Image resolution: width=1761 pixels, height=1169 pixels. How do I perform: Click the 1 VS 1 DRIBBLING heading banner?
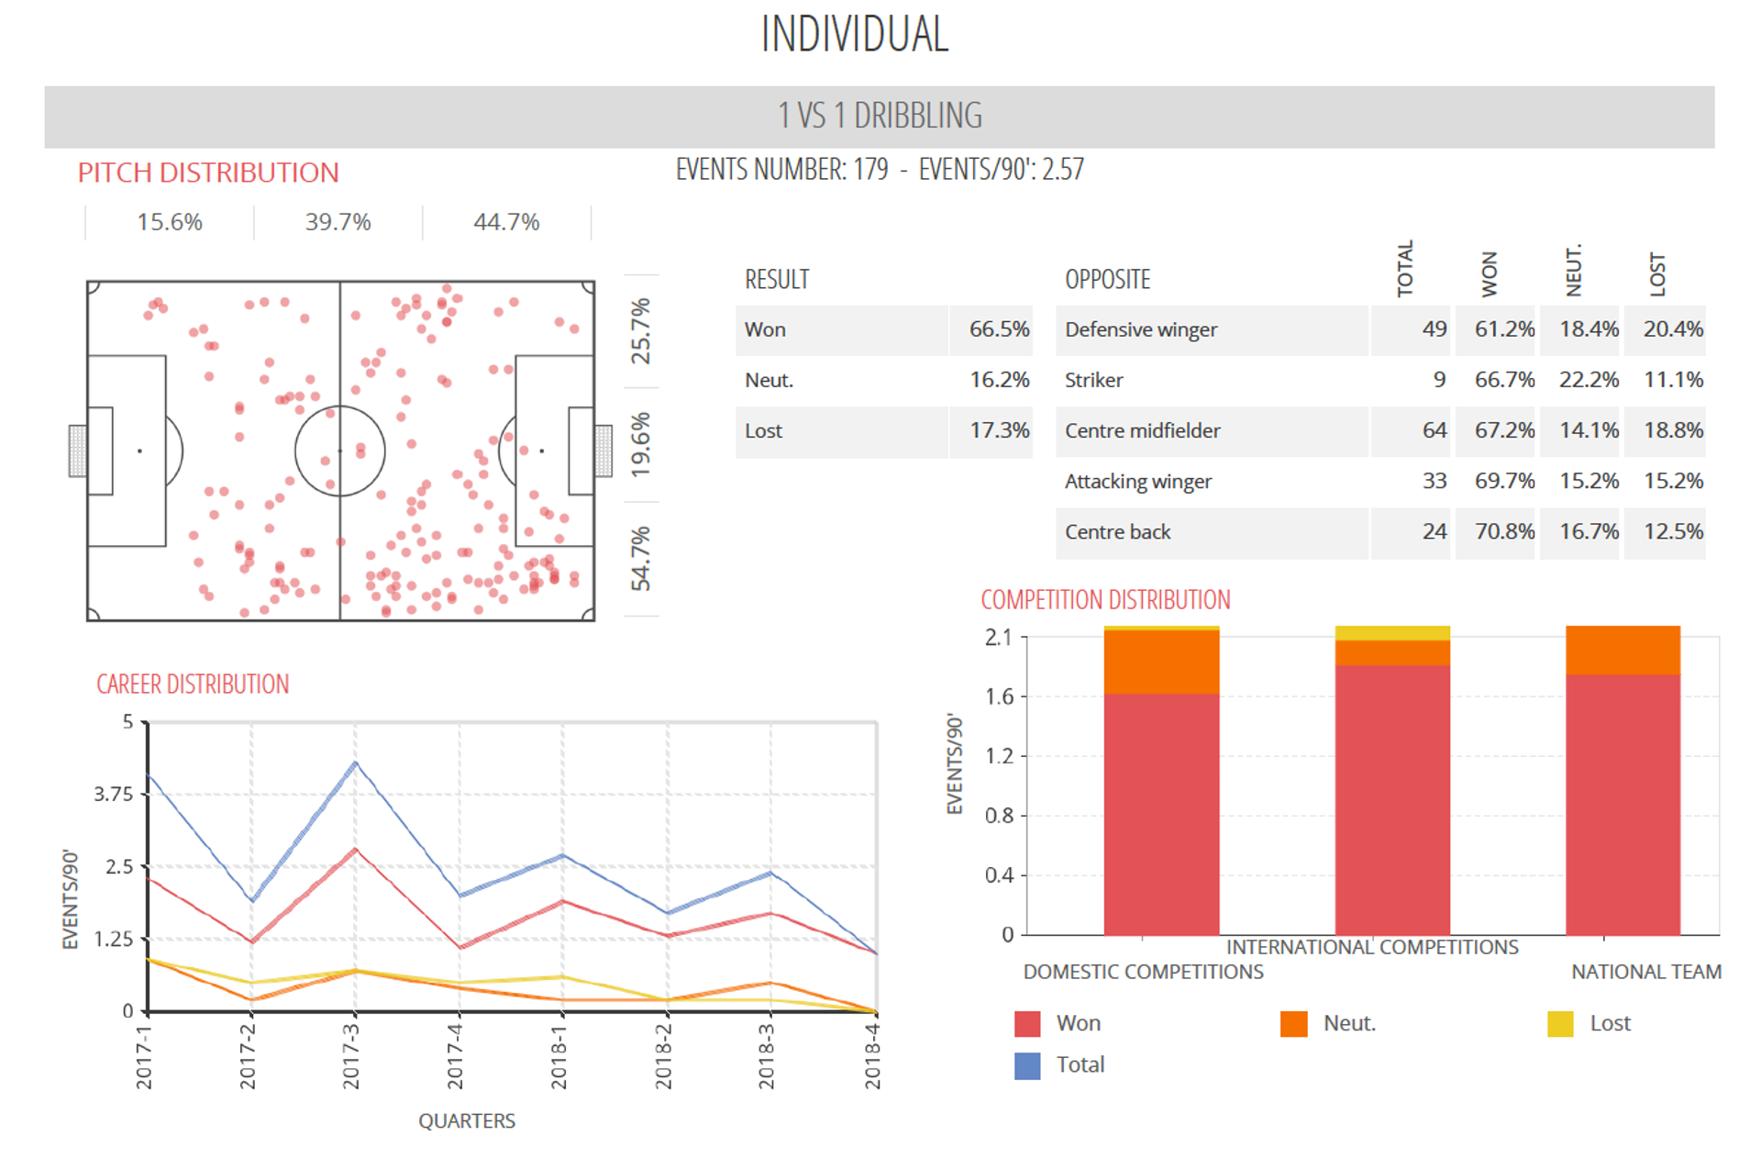(879, 117)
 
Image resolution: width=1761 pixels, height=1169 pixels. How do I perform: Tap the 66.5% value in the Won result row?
(999, 329)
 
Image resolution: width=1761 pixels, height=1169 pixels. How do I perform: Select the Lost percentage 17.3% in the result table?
(999, 430)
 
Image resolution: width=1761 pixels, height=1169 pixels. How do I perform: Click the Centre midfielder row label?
(1142, 430)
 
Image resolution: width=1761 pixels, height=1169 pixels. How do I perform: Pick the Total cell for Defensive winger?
(1434, 329)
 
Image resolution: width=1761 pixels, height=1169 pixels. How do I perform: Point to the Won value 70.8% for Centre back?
(1504, 531)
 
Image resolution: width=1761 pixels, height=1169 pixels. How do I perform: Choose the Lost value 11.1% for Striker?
(1673, 380)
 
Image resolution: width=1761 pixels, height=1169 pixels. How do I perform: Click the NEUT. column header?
(1574, 271)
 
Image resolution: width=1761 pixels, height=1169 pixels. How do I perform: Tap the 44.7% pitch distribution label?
(506, 222)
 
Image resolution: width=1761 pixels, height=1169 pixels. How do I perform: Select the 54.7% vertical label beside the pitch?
(641, 558)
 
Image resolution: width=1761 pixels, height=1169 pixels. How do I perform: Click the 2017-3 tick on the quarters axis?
(352, 1055)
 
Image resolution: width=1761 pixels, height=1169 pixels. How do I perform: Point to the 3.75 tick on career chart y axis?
(114, 794)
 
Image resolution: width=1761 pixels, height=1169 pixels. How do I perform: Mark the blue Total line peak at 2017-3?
(355, 763)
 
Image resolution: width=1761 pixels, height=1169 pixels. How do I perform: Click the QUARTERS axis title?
(467, 1120)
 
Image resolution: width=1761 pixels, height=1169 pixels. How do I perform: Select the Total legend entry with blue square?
(1028, 1065)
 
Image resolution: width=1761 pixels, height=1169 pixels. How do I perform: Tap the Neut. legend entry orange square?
(1293, 1024)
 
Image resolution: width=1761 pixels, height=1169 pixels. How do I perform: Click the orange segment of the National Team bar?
(1623, 650)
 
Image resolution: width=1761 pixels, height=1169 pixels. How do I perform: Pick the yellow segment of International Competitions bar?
(1392, 633)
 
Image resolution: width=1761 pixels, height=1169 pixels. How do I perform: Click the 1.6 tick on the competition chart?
(999, 696)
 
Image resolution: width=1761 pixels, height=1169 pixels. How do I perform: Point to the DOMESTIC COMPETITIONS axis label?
(1143, 972)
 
